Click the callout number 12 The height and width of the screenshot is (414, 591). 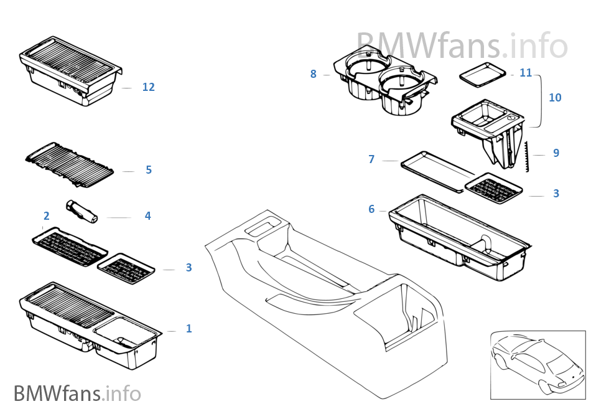pos(148,87)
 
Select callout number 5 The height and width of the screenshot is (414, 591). pos(148,170)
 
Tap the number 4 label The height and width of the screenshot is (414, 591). pos(147,216)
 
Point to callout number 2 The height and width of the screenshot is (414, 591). pos(46,216)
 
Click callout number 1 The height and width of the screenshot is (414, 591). pos(189,329)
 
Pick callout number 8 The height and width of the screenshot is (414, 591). pos(314,74)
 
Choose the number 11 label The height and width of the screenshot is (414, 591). pos(526,73)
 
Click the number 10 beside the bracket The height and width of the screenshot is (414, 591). pos(555,98)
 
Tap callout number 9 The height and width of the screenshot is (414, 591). pos(556,153)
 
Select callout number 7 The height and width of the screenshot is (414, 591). pos(371,159)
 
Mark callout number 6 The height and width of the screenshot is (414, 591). pos(371,209)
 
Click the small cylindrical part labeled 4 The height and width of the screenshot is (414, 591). pos(83,210)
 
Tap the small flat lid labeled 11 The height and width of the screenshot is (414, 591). pos(482,74)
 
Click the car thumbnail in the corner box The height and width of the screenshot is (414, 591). pos(537,364)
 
